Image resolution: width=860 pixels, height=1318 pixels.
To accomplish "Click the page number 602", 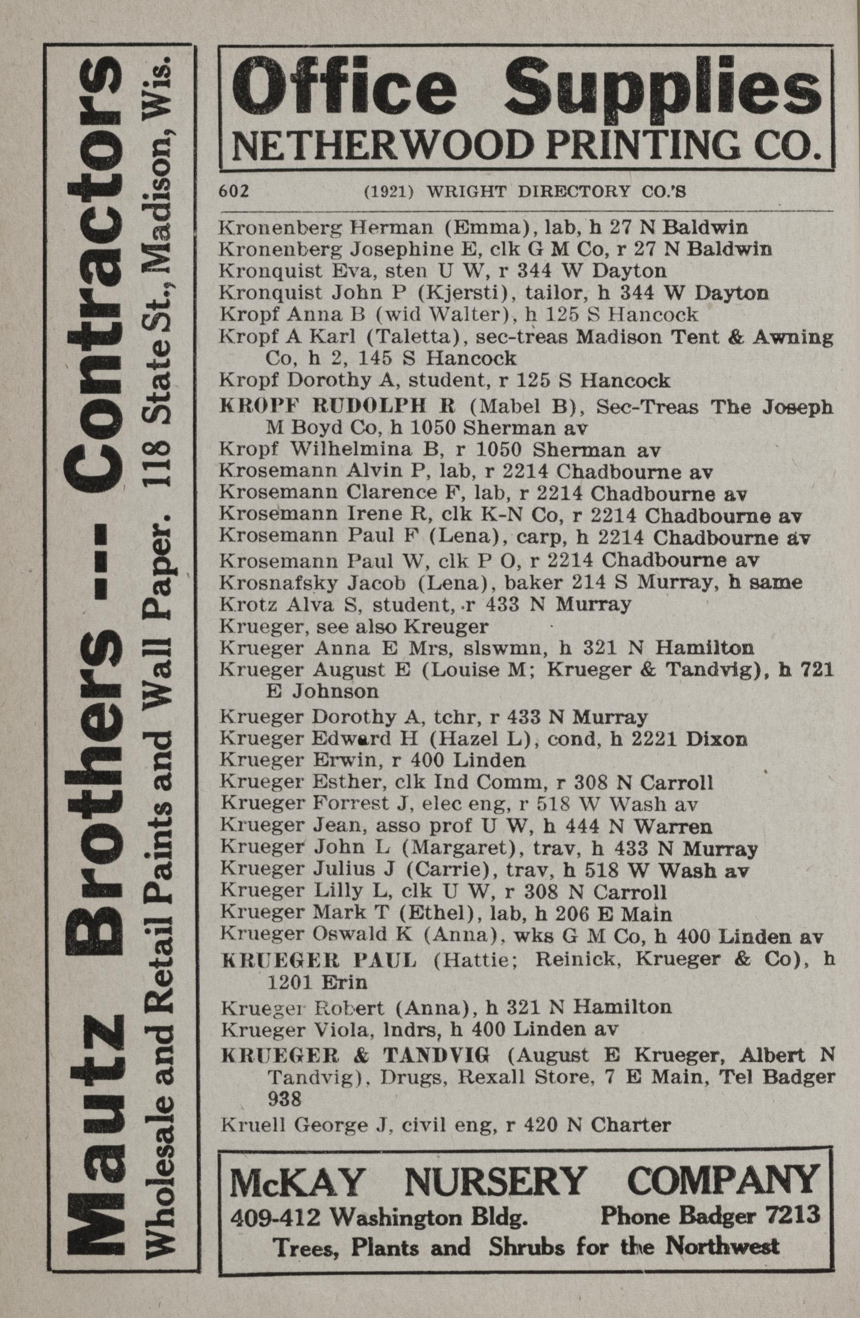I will click(x=233, y=191).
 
